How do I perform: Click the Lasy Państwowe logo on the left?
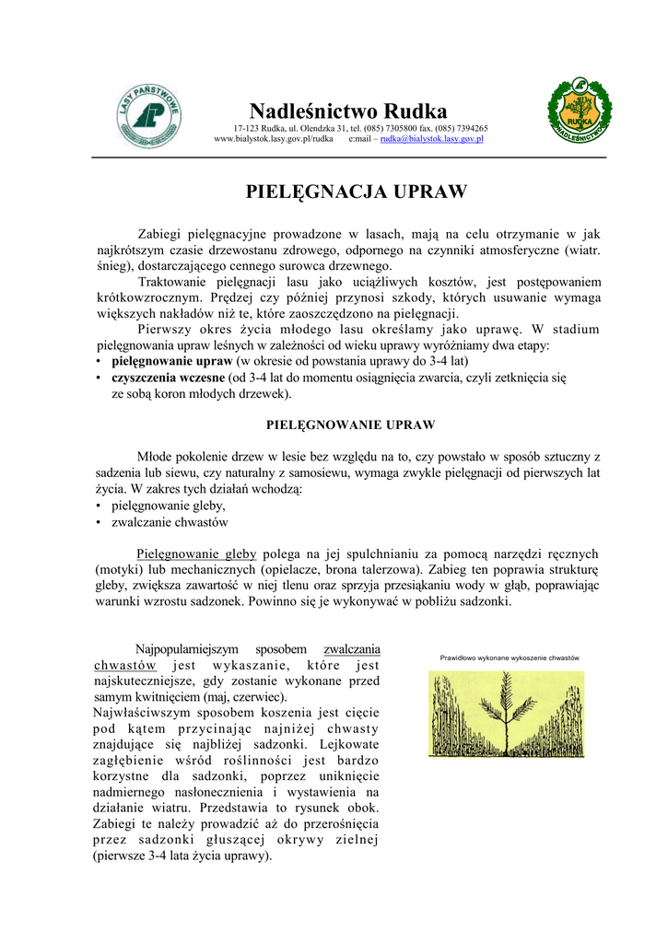pyautogui.click(x=148, y=116)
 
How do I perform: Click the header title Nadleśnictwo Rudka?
pyautogui.click(x=348, y=111)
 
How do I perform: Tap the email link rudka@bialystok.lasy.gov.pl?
pyautogui.click(x=432, y=139)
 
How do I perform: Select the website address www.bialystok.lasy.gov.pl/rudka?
pyautogui.click(x=273, y=139)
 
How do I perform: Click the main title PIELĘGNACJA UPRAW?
pyautogui.click(x=356, y=192)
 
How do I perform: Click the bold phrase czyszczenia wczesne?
pyautogui.click(x=168, y=378)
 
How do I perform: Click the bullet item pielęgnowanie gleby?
pyautogui.click(x=168, y=506)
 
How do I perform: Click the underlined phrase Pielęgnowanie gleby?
pyautogui.click(x=197, y=554)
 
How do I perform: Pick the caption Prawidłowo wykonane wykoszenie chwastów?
pyautogui.click(x=509, y=658)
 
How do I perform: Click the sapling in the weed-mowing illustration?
pyautogui.click(x=507, y=709)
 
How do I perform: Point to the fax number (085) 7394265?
pyautogui.click(x=457, y=128)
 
